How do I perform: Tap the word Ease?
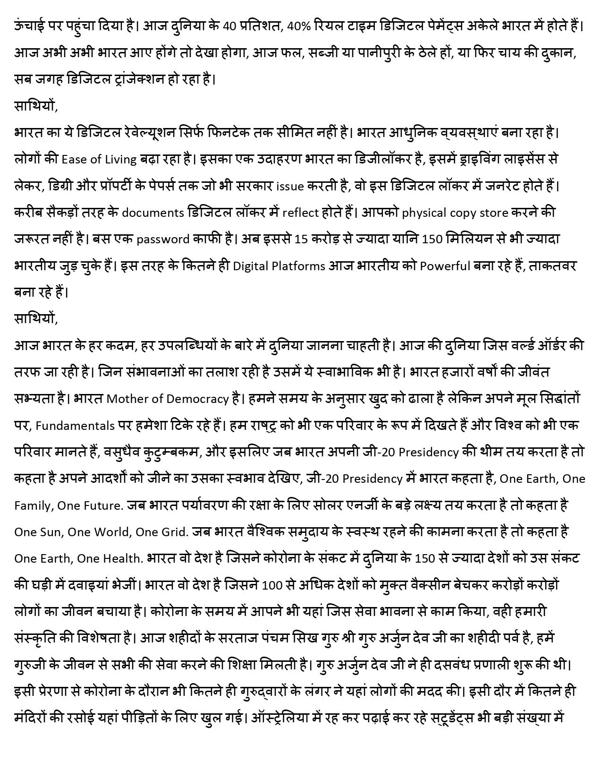click(73, 159)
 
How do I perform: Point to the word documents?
click(153, 213)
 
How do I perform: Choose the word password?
click(163, 239)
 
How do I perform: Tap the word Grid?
click(175, 532)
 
